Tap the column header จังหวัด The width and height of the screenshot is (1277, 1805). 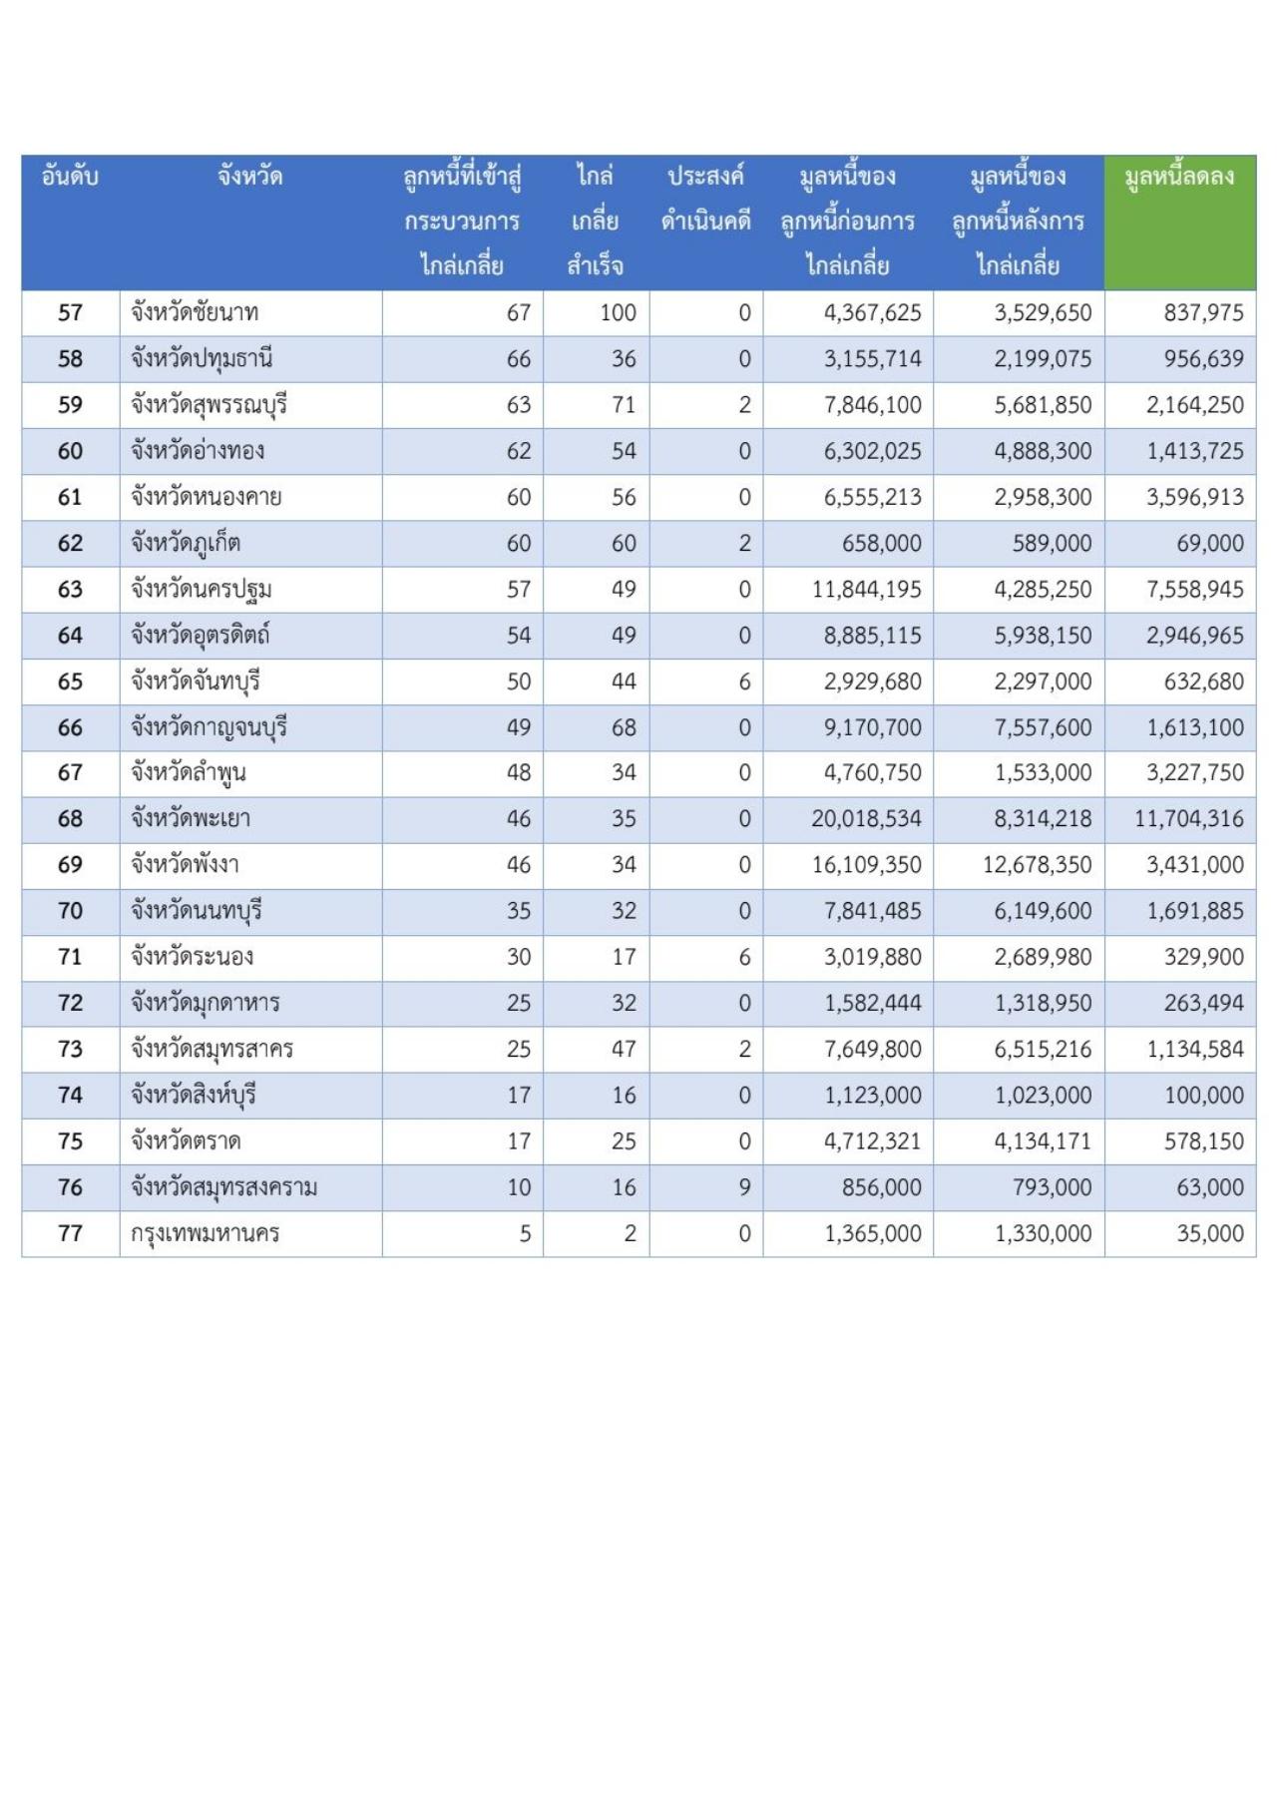coord(250,178)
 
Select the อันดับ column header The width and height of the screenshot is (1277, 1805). coord(70,178)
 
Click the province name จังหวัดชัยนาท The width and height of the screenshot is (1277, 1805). coord(195,313)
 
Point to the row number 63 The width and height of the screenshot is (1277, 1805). coord(70,590)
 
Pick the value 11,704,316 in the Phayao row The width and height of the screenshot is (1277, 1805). coord(1188,819)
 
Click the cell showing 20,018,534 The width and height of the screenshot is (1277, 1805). coord(866,819)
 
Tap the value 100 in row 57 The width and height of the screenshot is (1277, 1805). coord(618,313)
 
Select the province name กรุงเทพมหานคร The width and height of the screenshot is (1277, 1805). coord(205,1234)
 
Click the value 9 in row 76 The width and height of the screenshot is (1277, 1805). coord(744,1187)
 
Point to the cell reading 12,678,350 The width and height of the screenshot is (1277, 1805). coord(1037,865)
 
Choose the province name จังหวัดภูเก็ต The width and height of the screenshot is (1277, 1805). coord(186,544)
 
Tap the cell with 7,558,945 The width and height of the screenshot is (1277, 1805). coord(1194,590)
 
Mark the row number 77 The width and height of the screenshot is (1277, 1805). coord(70,1234)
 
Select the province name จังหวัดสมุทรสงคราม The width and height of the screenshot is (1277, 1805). coord(224,1187)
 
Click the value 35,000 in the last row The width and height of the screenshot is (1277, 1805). coord(1209,1234)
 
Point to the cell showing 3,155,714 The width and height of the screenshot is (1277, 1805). coord(872,359)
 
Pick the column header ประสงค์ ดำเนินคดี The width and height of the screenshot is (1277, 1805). coord(705,199)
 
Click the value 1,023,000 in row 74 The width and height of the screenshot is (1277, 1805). coord(1043,1096)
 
